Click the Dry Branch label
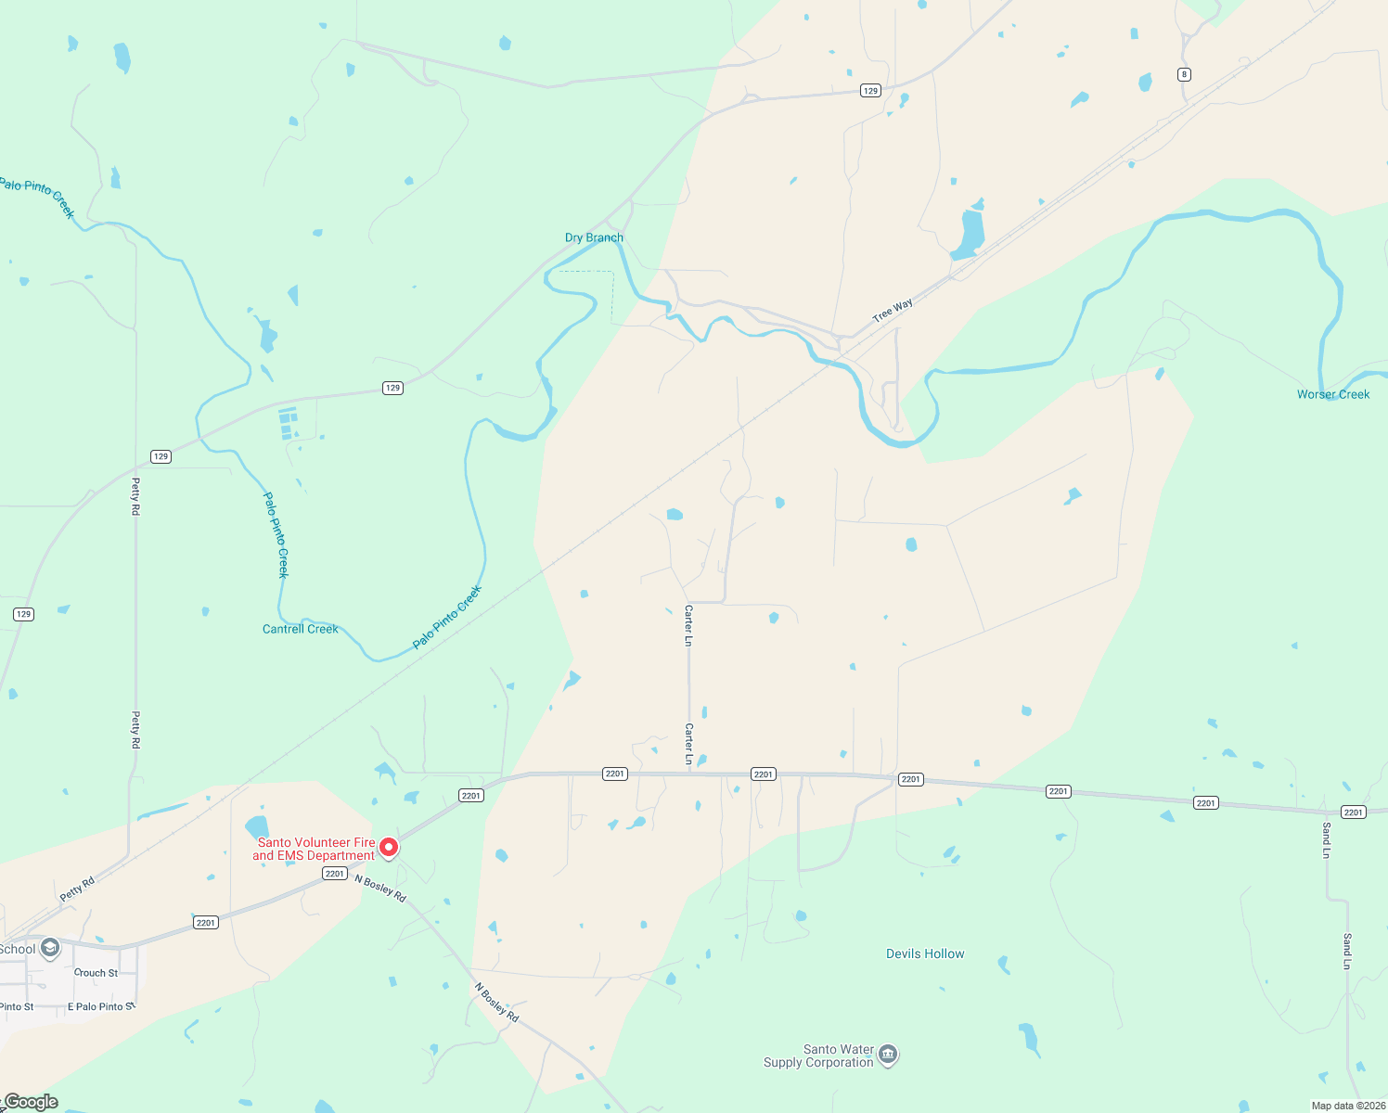pyautogui.click(x=594, y=237)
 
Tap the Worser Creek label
pyautogui.click(x=1332, y=394)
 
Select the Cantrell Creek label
pyautogui.click(x=300, y=629)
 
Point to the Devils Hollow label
pyautogui.click(x=924, y=953)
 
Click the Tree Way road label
pyautogui.click(x=893, y=311)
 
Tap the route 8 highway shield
pyautogui.click(x=1184, y=74)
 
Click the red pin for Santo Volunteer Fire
pyautogui.click(x=390, y=848)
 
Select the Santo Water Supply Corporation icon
pyautogui.click(x=888, y=1055)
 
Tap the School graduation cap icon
pyautogui.click(x=50, y=948)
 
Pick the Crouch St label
pyautogui.click(x=96, y=973)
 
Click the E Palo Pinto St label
pyautogui.click(x=101, y=1006)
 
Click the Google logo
pyautogui.click(x=31, y=1102)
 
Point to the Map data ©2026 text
pyautogui.click(x=1348, y=1106)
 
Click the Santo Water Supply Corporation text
pyautogui.click(x=818, y=1055)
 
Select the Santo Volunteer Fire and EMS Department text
pyautogui.click(x=314, y=849)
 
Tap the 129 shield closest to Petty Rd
pyautogui.click(x=161, y=456)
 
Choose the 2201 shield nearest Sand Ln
pyautogui.click(x=1354, y=812)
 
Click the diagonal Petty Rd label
pyautogui.click(x=77, y=889)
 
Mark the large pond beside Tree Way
pyautogui.click(x=970, y=236)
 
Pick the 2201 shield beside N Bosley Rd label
pyautogui.click(x=335, y=874)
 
